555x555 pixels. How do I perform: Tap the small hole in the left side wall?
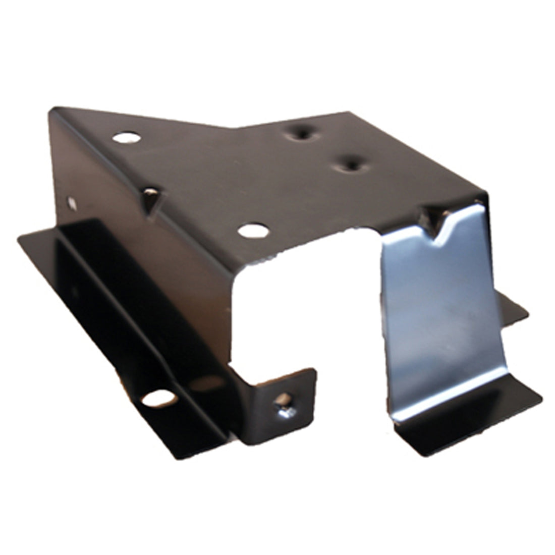pos(72,203)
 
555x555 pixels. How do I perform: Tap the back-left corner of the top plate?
pos(51,109)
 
